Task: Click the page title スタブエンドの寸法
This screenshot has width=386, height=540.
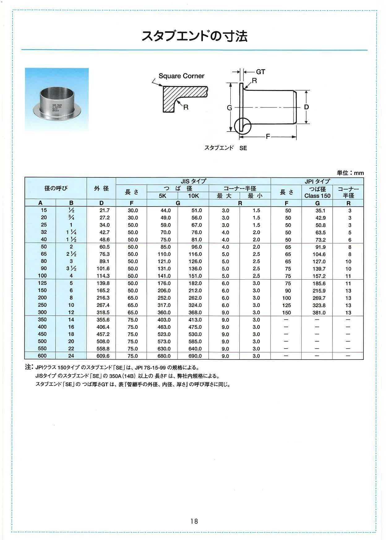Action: click(195, 37)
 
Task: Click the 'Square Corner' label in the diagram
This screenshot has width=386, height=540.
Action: click(181, 76)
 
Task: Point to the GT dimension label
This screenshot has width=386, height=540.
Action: click(260, 72)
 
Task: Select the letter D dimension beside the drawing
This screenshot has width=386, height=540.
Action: click(306, 107)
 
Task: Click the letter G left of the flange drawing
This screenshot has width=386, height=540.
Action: click(229, 108)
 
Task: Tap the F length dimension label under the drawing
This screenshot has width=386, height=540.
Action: click(268, 136)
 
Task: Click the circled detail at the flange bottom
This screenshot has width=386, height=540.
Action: click(242, 126)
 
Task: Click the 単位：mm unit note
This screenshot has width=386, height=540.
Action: click(350, 173)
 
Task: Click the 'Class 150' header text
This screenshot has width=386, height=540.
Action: click(317, 196)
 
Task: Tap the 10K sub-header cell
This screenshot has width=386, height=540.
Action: click(193, 196)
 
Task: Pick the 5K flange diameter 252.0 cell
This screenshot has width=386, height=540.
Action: click(164, 298)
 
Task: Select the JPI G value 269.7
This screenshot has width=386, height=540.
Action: click(319, 298)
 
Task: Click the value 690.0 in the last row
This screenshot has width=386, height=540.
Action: click(195, 356)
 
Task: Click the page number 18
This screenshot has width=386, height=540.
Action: click(194, 521)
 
